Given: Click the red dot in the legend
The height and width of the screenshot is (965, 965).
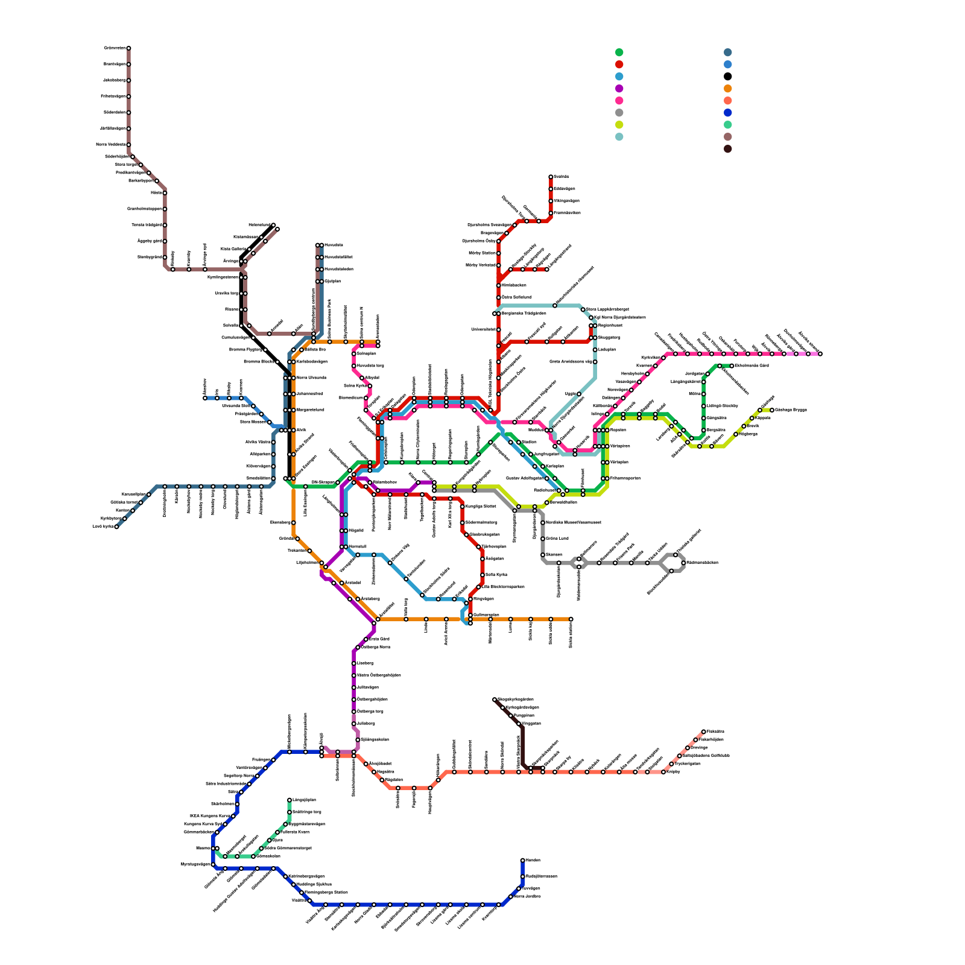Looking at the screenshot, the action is pos(619,65).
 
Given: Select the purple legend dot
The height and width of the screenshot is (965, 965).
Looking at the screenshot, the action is pos(619,89).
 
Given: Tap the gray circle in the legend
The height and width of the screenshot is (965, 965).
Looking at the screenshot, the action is pos(619,113).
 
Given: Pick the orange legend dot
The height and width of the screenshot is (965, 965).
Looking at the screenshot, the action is pos(728,89).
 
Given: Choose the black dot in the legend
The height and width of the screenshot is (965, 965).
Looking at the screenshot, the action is pos(728,77).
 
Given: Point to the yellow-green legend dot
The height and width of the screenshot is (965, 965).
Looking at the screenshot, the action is pos(619,125).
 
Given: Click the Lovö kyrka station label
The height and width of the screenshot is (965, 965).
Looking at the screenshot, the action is pos(103,527).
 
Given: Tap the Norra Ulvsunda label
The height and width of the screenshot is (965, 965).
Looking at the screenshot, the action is pos(311,378).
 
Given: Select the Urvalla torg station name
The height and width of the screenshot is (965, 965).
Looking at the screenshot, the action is pos(227,294).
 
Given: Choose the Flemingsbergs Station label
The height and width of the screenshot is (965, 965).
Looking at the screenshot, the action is pos(326,892).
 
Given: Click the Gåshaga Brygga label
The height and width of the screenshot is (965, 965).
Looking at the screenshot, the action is pos(791,410).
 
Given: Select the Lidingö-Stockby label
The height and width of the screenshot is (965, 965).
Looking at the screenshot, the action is pos(723,406).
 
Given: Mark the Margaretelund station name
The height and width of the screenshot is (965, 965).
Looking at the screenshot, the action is pos(311,410).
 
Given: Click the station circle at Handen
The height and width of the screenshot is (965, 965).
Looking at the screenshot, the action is pos(522,861).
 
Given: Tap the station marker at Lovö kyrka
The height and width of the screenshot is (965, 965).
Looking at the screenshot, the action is pos(116,527).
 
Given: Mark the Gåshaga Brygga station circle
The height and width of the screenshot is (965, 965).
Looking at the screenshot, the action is pos(772,410).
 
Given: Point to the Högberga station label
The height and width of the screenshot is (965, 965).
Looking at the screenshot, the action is pos(748,434).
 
